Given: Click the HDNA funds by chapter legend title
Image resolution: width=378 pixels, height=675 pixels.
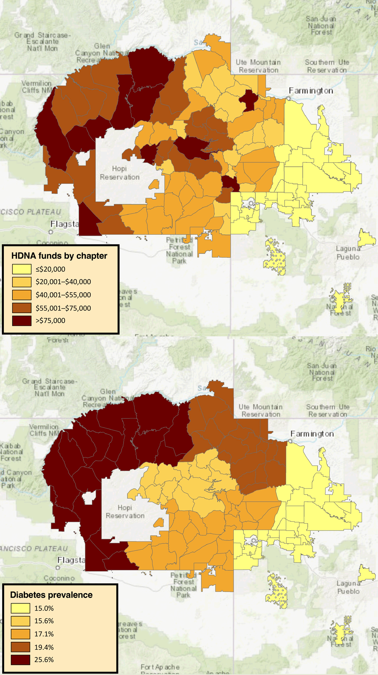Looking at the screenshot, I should point(59,256).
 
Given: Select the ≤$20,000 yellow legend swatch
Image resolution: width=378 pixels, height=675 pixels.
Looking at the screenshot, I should point(22,269).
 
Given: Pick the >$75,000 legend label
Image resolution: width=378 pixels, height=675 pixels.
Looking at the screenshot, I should point(50,320).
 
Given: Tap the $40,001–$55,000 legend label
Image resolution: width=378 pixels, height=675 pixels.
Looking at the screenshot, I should point(63,295).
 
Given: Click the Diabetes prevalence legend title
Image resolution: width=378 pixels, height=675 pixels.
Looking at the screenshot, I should point(51,595).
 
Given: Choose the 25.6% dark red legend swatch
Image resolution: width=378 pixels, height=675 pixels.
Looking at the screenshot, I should point(20,660).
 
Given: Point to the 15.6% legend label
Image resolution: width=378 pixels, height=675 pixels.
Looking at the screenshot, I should point(44,621).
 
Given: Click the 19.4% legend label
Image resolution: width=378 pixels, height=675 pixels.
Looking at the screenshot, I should point(44,647).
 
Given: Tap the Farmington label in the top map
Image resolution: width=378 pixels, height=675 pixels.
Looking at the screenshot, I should point(311,91).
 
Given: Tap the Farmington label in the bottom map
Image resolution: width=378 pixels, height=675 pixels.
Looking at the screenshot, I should point(312,434).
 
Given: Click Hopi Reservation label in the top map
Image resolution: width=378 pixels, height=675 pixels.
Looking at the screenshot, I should point(119,173).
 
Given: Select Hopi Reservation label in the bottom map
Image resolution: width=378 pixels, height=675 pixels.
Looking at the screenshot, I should point(125,512).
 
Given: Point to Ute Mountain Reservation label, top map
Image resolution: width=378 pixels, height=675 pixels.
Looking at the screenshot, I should point(259,66).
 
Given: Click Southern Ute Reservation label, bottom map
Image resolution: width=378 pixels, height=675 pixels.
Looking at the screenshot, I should point(328,411).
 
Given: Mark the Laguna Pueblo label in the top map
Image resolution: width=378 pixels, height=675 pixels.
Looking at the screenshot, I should point(348,253).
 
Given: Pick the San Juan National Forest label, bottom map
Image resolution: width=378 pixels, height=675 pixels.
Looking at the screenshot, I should point(322,372).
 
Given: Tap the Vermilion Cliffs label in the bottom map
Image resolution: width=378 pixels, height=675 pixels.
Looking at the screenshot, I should point(43,430).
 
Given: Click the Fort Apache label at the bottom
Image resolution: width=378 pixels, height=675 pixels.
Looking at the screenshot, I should point(160,667).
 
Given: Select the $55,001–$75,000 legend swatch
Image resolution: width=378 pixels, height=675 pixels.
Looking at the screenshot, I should point(22,308).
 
